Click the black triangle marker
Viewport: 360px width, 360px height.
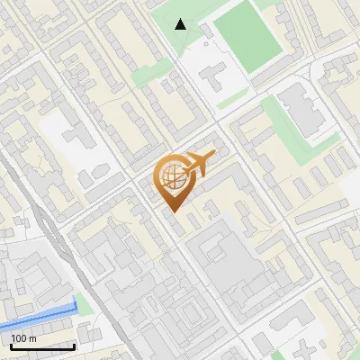[x=181, y=24]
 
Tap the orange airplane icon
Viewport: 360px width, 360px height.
[x=199, y=163]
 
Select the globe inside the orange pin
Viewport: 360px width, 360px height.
[x=171, y=177]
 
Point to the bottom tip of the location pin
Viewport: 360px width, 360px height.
[x=172, y=211]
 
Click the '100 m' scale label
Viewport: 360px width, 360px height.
[x=23, y=337]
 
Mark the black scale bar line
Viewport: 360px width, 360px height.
[x=42, y=346]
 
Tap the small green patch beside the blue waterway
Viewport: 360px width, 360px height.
[x=84, y=303]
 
